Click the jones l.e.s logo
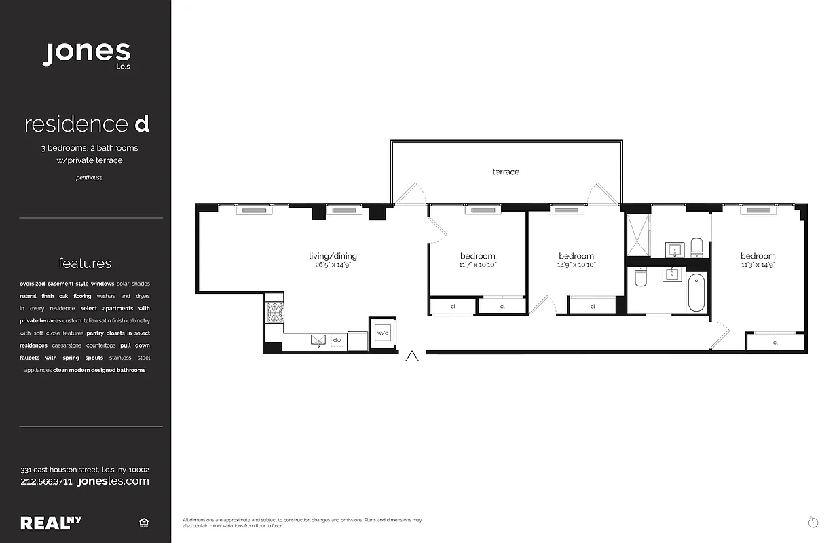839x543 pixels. click(86, 54)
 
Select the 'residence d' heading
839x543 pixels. click(86, 124)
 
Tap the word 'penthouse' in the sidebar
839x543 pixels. click(89, 178)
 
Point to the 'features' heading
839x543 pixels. click(85, 263)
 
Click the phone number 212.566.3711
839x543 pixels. click(47, 481)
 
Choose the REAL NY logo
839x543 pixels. click(52, 523)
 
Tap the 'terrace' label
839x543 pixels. click(506, 172)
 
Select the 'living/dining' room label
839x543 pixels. click(333, 256)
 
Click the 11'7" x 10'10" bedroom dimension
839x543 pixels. click(478, 265)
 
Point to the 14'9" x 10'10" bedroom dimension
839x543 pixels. click(576, 265)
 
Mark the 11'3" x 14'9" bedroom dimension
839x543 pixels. click(758, 265)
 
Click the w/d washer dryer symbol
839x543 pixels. click(383, 333)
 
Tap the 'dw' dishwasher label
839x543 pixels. click(337, 339)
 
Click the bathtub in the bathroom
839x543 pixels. click(696, 293)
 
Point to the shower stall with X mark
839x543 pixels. click(637, 234)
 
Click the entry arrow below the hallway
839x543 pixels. click(411, 356)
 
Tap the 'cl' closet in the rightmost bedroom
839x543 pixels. click(775, 343)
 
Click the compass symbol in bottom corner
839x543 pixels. click(813, 521)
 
